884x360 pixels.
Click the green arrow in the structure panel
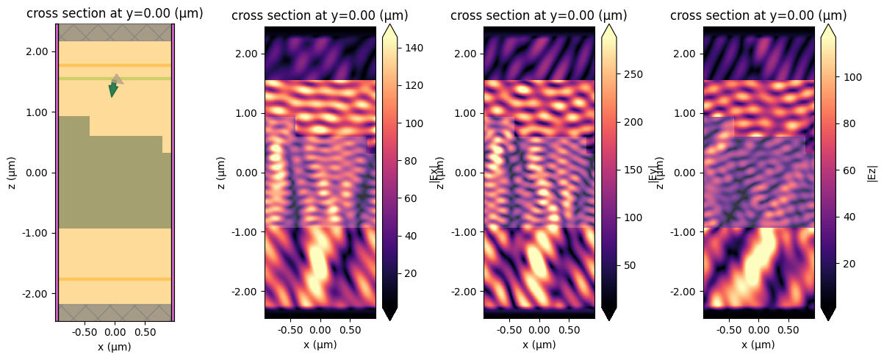coord(112,90)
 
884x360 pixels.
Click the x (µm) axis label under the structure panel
coord(115,347)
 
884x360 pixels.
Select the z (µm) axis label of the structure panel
coord(12,173)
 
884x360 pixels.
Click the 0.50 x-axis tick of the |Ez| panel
coord(788,330)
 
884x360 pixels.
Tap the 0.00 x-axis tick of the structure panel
coord(115,330)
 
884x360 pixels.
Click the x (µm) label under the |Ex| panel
coord(320,345)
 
